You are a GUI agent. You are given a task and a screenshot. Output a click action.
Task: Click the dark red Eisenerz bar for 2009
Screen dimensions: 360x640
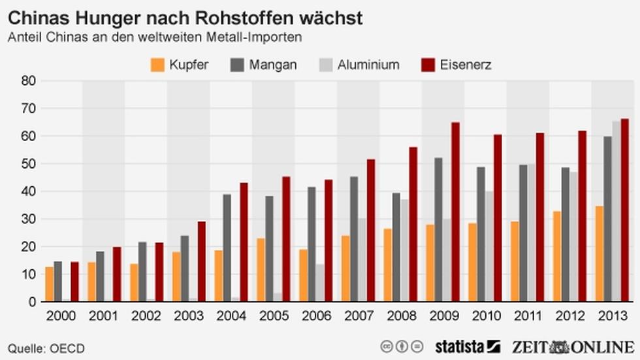coord(455,212)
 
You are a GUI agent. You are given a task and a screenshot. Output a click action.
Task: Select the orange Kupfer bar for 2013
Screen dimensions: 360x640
coord(600,254)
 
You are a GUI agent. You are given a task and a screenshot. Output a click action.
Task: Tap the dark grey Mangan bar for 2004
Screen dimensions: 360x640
coord(227,248)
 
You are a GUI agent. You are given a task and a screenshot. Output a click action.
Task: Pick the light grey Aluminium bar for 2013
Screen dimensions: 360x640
coord(616,212)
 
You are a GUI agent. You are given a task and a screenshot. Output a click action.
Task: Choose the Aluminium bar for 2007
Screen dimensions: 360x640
coord(362,260)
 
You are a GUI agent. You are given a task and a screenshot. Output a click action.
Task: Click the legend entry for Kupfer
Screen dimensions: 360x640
coord(179,65)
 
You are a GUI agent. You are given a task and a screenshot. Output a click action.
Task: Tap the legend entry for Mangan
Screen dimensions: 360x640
coord(264,65)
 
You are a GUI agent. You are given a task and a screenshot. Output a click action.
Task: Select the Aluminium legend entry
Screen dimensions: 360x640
coord(359,65)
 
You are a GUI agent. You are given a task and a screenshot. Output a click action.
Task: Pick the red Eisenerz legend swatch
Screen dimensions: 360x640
coord(428,65)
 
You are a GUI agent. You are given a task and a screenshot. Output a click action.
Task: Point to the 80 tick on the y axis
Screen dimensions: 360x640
coord(29,81)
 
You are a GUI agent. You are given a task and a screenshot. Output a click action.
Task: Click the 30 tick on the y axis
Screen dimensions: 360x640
coord(29,219)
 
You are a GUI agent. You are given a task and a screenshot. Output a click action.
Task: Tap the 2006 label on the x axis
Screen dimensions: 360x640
coord(316,316)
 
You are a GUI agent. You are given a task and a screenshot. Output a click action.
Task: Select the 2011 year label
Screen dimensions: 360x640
coord(528,316)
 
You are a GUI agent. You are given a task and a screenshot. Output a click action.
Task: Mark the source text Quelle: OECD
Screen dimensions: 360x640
coord(46,348)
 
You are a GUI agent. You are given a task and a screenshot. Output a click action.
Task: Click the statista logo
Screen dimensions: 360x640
coord(467,346)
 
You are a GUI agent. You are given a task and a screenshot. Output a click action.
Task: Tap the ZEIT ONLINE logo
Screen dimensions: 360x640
coord(572,346)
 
